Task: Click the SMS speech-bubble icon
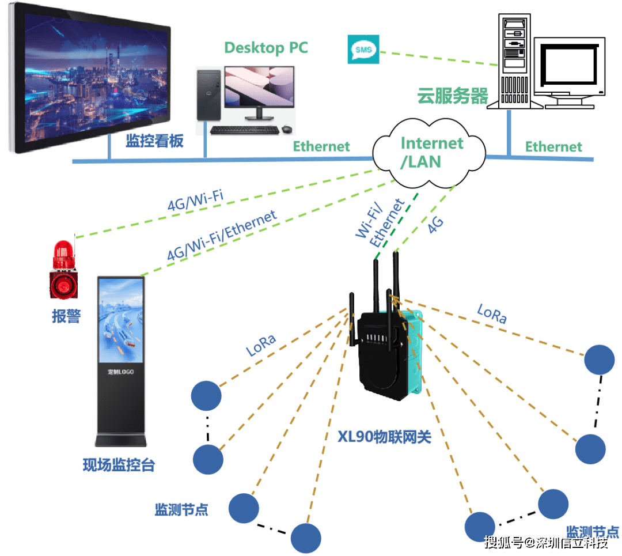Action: tap(363, 50)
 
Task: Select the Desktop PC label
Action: tap(266, 47)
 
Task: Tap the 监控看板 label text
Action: tap(155, 141)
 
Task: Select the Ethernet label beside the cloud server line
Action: tap(553, 147)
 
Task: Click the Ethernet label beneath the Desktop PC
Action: tap(321, 146)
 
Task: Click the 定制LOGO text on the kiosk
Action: tap(120, 372)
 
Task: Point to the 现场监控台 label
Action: tap(119, 465)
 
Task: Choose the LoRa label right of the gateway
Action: tap(492, 313)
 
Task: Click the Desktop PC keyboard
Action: tap(245, 129)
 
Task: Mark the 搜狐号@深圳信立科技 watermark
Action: tap(545, 542)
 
